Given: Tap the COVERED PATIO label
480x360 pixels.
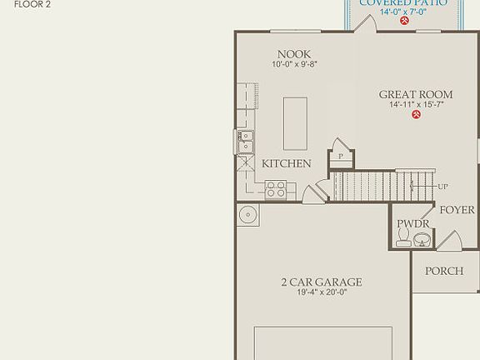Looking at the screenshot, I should click(402, 3).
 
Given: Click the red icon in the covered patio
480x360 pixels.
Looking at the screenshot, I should click(404, 21).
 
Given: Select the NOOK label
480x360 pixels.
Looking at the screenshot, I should click(294, 54).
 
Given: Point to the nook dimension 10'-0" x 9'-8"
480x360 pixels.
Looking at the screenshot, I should click(294, 64).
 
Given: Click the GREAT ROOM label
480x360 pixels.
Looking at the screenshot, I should click(416, 94).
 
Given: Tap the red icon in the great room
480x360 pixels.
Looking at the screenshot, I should click(415, 115).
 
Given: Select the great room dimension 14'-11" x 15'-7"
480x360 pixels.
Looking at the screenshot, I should click(416, 105).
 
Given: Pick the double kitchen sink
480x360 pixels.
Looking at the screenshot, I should click(246, 142).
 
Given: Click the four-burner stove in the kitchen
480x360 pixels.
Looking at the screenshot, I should click(276, 190).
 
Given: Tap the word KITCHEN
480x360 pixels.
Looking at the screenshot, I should click(287, 163).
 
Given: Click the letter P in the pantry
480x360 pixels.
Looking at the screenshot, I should click(340, 157).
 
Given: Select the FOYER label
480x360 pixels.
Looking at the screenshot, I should click(457, 210).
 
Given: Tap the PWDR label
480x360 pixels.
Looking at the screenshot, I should click(412, 223).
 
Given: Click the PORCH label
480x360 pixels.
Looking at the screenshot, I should click(443, 272).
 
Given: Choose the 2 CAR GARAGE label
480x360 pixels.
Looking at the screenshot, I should click(321, 282).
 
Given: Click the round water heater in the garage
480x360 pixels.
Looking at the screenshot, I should click(247, 216).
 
